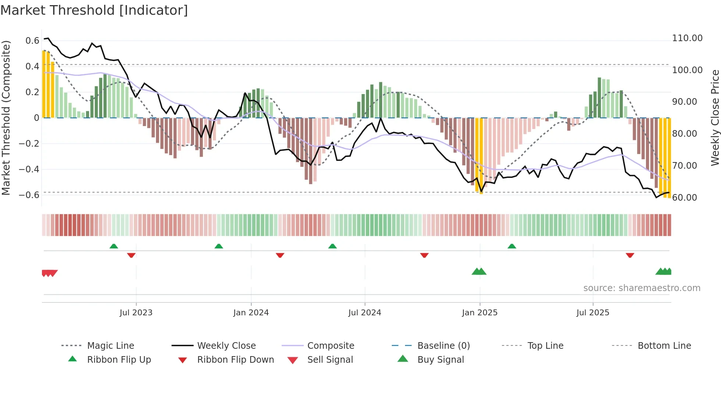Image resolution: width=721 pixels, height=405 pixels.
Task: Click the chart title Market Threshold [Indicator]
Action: point(94,10)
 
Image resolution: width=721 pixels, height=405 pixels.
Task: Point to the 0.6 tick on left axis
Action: point(32,41)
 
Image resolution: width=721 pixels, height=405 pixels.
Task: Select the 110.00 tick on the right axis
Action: point(687,38)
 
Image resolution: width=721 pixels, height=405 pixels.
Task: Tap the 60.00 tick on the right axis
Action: point(685,198)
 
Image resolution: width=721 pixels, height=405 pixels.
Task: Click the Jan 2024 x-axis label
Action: point(251,313)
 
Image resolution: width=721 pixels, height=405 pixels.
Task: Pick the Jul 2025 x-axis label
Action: point(593,313)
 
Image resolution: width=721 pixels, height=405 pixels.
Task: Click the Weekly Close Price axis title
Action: point(715,118)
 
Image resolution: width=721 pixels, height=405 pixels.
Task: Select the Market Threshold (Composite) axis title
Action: point(6,118)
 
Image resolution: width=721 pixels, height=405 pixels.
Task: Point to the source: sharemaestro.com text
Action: point(642,288)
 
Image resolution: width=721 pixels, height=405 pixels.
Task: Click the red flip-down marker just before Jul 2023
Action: point(131,255)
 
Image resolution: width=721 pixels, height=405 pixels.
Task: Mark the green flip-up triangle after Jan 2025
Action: point(512,246)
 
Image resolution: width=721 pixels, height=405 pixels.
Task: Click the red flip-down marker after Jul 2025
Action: point(630,255)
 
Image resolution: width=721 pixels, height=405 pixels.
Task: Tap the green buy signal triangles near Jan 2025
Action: point(479,272)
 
